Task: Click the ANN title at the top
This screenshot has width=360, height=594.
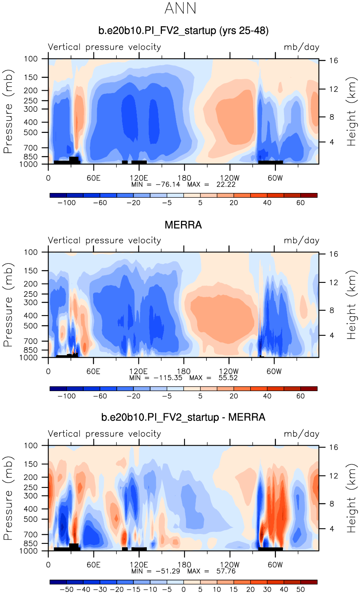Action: [x=180, y=8]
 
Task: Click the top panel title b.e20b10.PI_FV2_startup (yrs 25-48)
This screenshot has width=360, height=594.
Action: [x=183, y=31]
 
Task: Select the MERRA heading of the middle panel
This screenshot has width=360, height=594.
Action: [x=183, y=225]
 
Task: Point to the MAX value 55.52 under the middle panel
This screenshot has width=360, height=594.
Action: [x=228, y=378]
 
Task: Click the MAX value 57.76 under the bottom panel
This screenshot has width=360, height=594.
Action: [x=226, y=571]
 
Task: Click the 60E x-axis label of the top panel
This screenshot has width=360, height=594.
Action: [x=93, y=178]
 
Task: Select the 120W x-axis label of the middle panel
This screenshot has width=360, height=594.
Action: [x=230, y=371]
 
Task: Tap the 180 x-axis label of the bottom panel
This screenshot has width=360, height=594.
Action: [x=184, y=565]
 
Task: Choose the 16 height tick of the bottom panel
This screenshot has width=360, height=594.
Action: [x=333, y=447]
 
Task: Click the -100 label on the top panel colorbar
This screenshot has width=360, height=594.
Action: [x=66, y=203]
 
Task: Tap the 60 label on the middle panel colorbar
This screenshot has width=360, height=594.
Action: [x=300, y=396]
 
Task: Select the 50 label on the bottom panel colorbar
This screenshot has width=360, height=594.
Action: [x=300, y=590]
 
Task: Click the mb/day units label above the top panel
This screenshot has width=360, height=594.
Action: [x=301, y=47]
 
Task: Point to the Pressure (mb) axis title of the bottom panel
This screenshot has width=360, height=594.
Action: [x=8, y=498]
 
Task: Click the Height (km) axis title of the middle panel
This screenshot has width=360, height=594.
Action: [x=351, y=305]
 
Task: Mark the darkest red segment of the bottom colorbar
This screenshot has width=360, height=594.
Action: [x=309, y=582]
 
